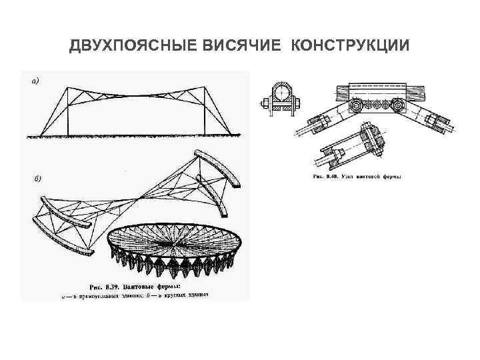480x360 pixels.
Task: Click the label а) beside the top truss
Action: click(x=35, y=81)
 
